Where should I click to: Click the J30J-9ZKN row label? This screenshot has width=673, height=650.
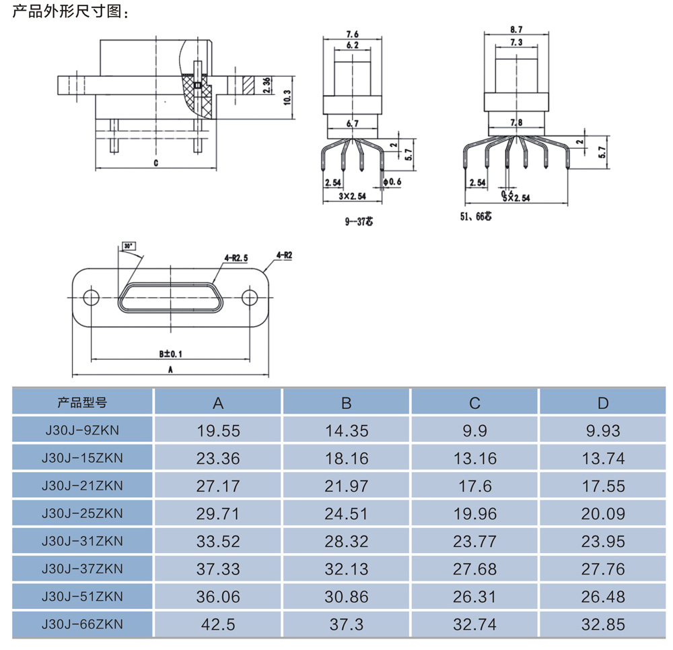[x=82, y=430]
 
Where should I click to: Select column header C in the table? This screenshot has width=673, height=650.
[x=474, y=403]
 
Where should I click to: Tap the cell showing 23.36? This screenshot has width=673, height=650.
[x=218, y=459]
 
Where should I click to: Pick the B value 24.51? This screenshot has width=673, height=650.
[x=347, y=514]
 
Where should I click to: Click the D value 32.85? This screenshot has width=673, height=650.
[x=603, y=624]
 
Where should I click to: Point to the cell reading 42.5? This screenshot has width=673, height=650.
[x=218, y=624]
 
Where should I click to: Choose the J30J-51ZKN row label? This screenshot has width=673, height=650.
[x=82, y=597]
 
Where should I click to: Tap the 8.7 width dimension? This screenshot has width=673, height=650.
[x=517, y=30]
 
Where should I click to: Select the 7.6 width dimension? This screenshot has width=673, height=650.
[x=352, y=34]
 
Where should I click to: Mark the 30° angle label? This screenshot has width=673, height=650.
[x=129, y=247]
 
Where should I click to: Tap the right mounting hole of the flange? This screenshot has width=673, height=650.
[x=250, y=297]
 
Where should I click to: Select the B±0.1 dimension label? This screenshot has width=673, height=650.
[x=170, y=353]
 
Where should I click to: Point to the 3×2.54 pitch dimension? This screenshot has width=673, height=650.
[x=352, y=197]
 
